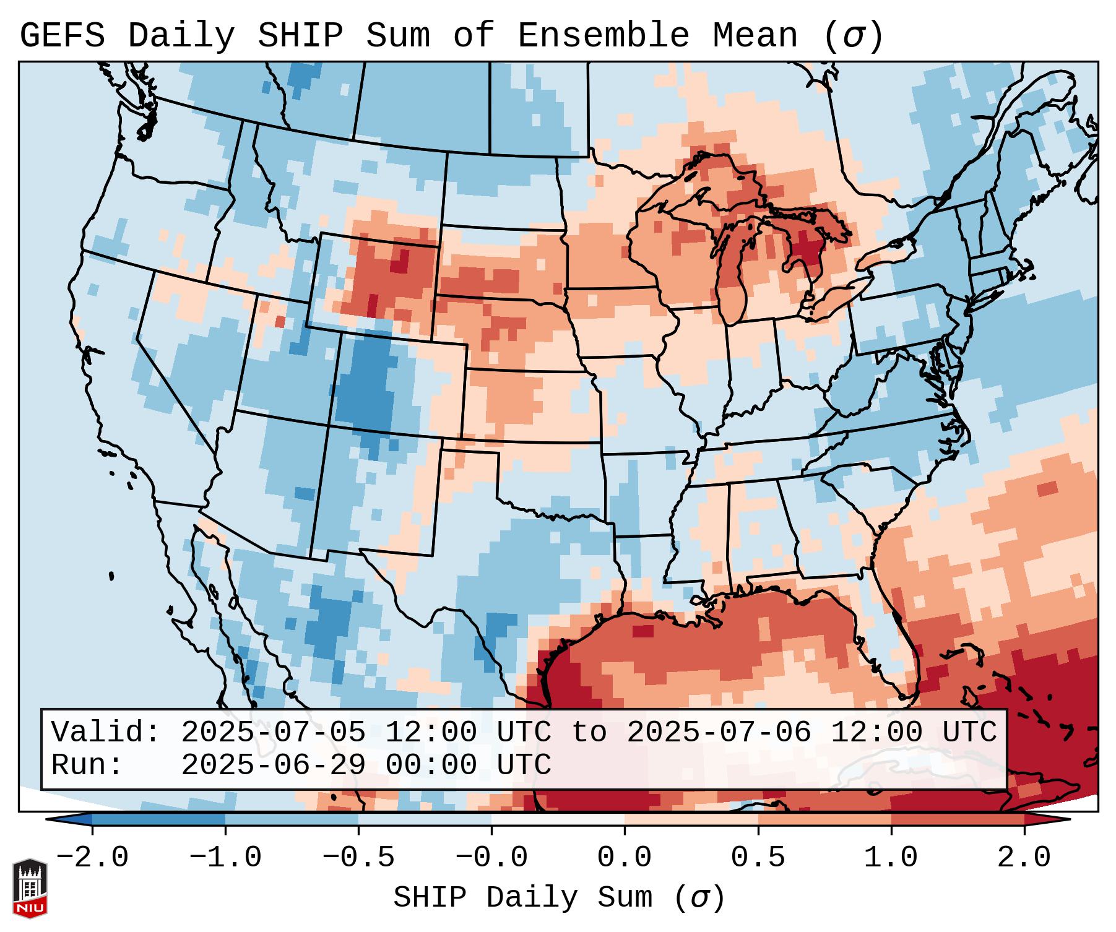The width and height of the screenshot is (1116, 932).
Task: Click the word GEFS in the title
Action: (x=62, y=36)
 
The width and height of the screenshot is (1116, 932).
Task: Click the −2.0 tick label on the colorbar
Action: (x=92, y=858)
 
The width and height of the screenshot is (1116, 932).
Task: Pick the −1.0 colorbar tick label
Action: (x=225, y=858)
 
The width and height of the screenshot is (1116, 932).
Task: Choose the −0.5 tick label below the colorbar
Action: (x=358, y=858)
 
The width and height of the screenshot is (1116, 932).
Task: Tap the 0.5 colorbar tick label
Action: (x=758, y=858)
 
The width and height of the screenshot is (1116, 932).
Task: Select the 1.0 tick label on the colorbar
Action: (x=891, y=858)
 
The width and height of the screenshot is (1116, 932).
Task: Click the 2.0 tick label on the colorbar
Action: (x=1024, y=858)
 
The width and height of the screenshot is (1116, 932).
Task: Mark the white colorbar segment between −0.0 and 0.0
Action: (x=558, y=819)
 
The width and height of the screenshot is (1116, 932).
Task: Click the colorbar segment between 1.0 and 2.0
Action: (x=958, y=819)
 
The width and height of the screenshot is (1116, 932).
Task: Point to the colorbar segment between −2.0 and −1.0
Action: (x=158, y=819)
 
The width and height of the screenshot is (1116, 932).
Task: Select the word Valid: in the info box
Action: (x=105, y=733)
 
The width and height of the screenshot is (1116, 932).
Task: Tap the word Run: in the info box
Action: (x=87, y=766)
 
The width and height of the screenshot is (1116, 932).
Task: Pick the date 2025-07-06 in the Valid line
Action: (x=719, y=733)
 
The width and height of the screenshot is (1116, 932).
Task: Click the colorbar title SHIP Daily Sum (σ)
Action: (x=558, y=897)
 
